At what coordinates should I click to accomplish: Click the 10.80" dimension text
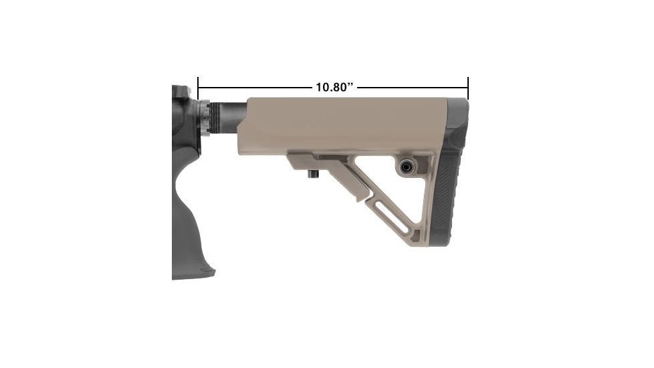[334, 88]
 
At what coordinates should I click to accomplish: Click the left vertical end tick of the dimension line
[199, 88]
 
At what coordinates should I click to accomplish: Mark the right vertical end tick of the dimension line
[468, 88]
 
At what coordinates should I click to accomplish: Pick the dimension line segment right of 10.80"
[411, 88]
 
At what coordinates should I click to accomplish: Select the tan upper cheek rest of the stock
[341, 124]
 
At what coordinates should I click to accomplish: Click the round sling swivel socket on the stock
[406, 167]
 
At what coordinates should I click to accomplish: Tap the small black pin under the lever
[312, 175]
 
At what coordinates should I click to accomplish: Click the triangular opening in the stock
[401, 194]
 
